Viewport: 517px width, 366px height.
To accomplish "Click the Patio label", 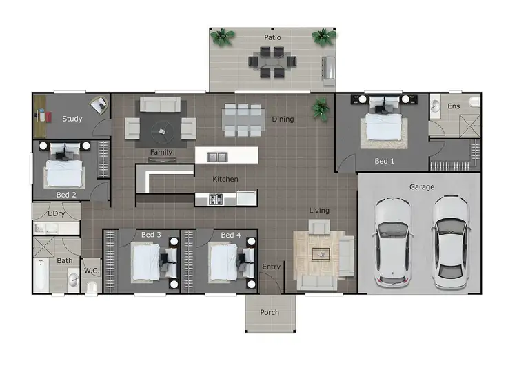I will (272, 37).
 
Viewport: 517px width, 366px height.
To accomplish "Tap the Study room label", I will (72, 119).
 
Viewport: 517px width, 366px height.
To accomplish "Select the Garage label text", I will (421, 186).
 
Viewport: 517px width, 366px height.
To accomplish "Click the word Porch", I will (270, 312).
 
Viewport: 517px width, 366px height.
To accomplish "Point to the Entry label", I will (272, 267).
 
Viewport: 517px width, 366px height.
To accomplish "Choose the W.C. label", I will (92, 271).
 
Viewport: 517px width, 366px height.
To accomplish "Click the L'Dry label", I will (57, 214).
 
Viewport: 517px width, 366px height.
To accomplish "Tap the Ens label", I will (454, 106).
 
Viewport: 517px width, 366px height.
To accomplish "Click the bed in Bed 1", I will (381, 124).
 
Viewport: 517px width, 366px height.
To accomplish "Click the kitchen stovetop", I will (215, 200).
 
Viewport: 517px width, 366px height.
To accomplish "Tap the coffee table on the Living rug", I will (321, 254).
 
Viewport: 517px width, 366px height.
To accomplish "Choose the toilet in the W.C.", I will (91, 287).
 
